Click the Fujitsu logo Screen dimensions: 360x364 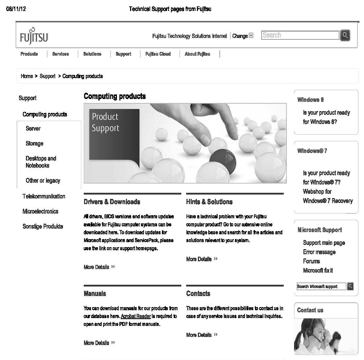coord(34,36)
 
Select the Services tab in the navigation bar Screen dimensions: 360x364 coord(60,54)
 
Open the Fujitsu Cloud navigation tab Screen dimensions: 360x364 coord(158,54)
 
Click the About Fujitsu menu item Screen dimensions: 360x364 coord(197,54)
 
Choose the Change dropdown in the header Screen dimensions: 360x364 coord(243,36)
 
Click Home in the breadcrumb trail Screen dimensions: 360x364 coord(27,76)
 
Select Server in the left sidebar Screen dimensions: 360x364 coord(33,129)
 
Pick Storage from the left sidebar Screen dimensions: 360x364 coord(34,143)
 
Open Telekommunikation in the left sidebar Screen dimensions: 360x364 coord(44,196)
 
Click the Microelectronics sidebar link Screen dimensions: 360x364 coord(40,211)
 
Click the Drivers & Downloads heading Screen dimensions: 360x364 coord(112,202)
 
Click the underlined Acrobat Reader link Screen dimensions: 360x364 coord(136,316)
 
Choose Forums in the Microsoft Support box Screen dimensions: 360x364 coord(311,261)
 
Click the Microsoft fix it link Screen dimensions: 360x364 coord(318,271)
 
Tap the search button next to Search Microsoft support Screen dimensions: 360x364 coord(350,286)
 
